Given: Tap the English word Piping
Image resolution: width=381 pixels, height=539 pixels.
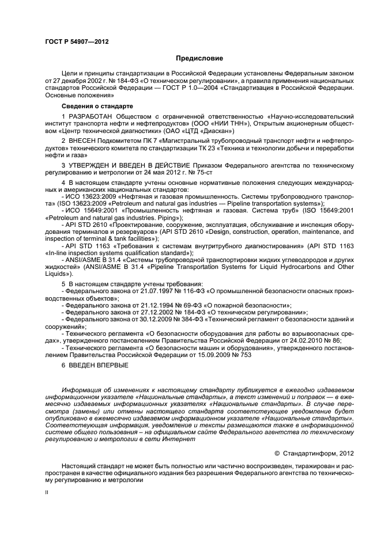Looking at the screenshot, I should (x=129, y=219).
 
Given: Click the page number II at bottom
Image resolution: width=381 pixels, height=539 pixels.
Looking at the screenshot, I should (x=48, y=492).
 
